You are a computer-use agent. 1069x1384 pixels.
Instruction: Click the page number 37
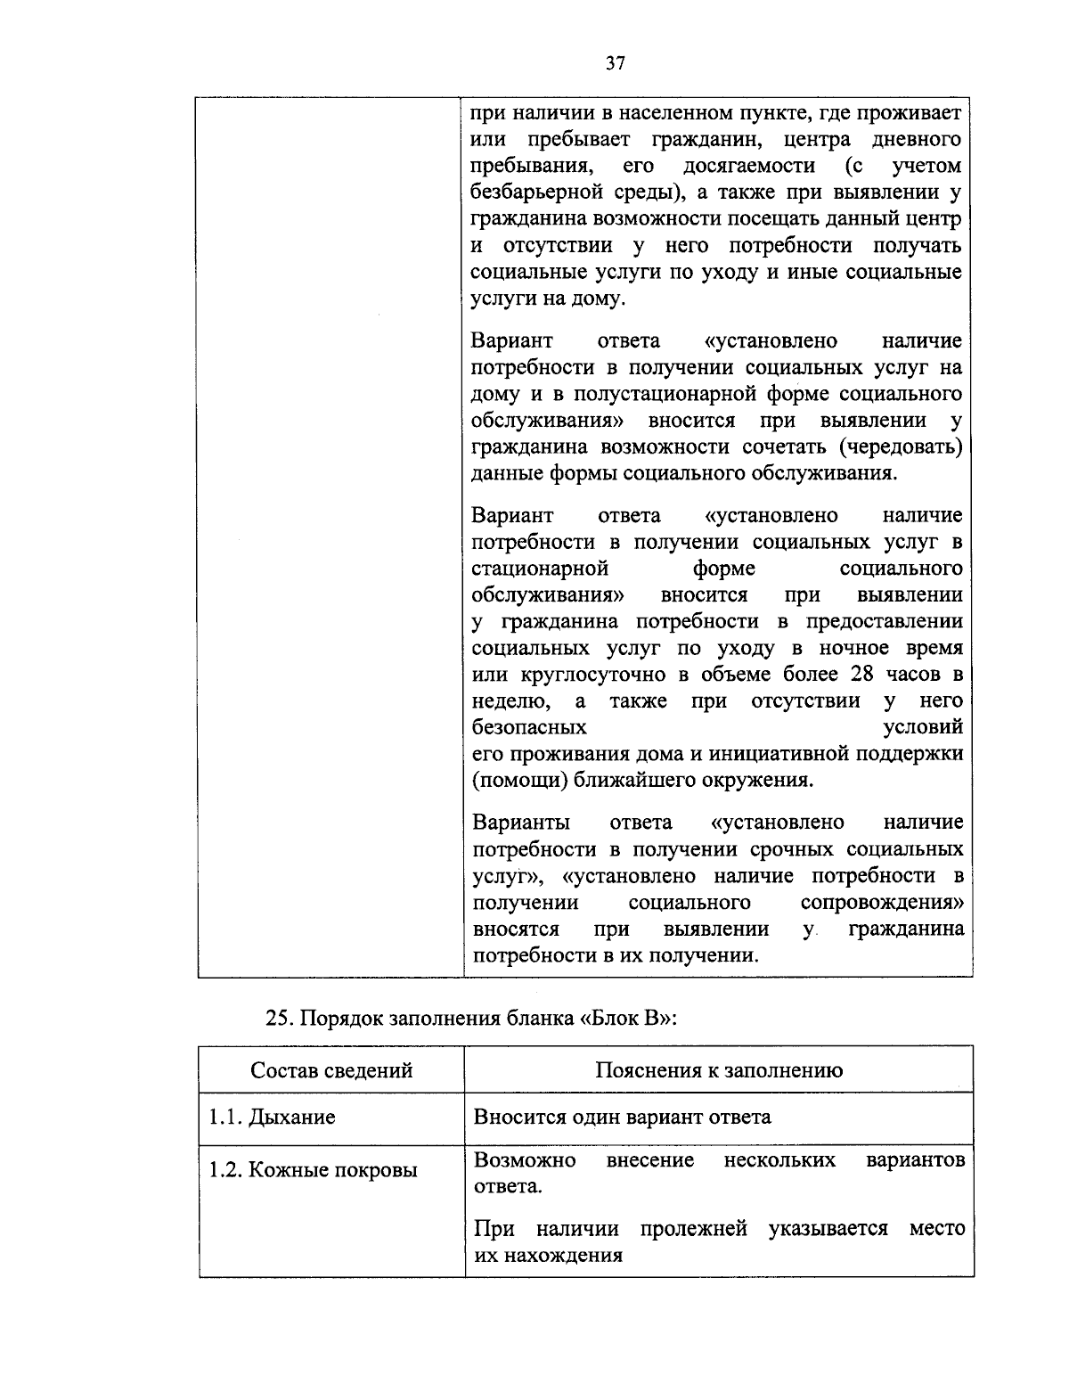pyautogui.click(x=616, y=62)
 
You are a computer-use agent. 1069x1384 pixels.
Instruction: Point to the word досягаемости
pyautogui.click(x=748, y=166)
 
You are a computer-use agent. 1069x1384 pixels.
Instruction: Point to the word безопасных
pyautogui.click(x=528, y=727)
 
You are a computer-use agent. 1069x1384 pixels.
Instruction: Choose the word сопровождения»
pyautogui.click(x=882, y=902)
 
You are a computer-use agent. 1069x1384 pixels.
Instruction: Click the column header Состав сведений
pyautogui.click(x=331, y=1069)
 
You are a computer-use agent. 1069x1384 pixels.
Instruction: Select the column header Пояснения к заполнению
pyautogui.click(x=719, y=1069)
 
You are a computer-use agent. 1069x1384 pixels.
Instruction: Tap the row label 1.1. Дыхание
pyautogui.click(x=272, y=1117)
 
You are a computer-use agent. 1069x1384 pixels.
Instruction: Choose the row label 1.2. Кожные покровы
pyautogui.click(x=313, y=1170)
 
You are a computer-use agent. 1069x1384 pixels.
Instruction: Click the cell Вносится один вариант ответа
pyautogui.click(x=622, y=1117)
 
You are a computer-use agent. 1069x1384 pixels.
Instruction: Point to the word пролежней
pyautogui.click(x=693, y=1229)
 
